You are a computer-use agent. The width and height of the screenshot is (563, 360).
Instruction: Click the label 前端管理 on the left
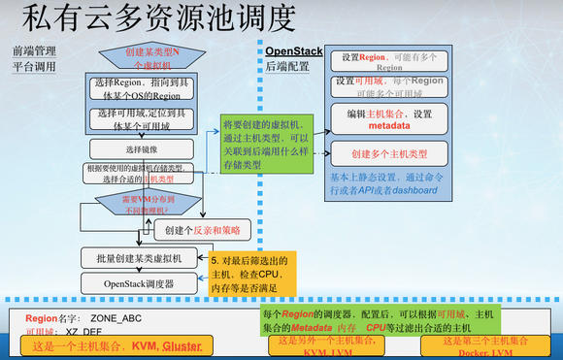[x=33, y=49]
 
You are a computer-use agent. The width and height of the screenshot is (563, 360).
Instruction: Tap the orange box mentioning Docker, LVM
[x=484, y=346]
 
